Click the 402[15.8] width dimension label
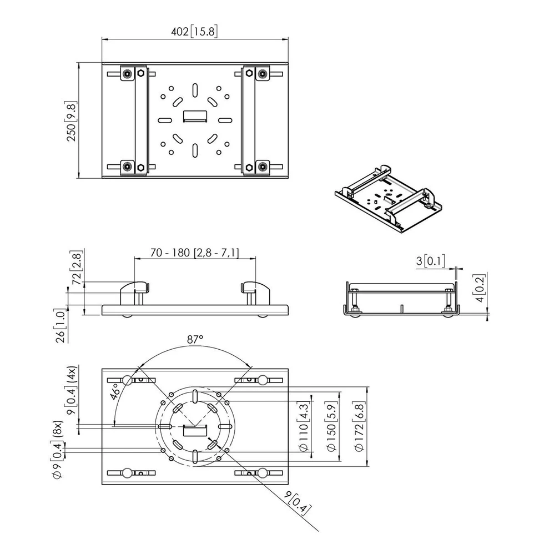pyautogui.click(x=194, y=32)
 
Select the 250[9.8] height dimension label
pyautogui.click(x=71, y=121)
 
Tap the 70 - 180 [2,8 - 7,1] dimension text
pyautogui.click(x=195, y=253)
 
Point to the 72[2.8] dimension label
pyautogui.click(x=77, y=268)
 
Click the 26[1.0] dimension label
pyautogui.click(x=60, y=326)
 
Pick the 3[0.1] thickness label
pyautogui.click(x=431, y=261)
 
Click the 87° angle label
pyautogui.click(x=195, y=339)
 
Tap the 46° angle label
pyautogui.click(x=116, y=391)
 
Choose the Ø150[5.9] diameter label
pyautogui.click(x=331, y=427)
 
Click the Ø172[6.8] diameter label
pyautogui.click(x=359, y=427)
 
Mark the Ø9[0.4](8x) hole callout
pyautogui.click(x=57, y=450)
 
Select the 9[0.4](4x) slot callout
pyautogui.click(x=71, y=390)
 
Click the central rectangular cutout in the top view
pyautogui.click(x=195, y=116)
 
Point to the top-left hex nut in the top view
pyautogui.click(x=140, y=73)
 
